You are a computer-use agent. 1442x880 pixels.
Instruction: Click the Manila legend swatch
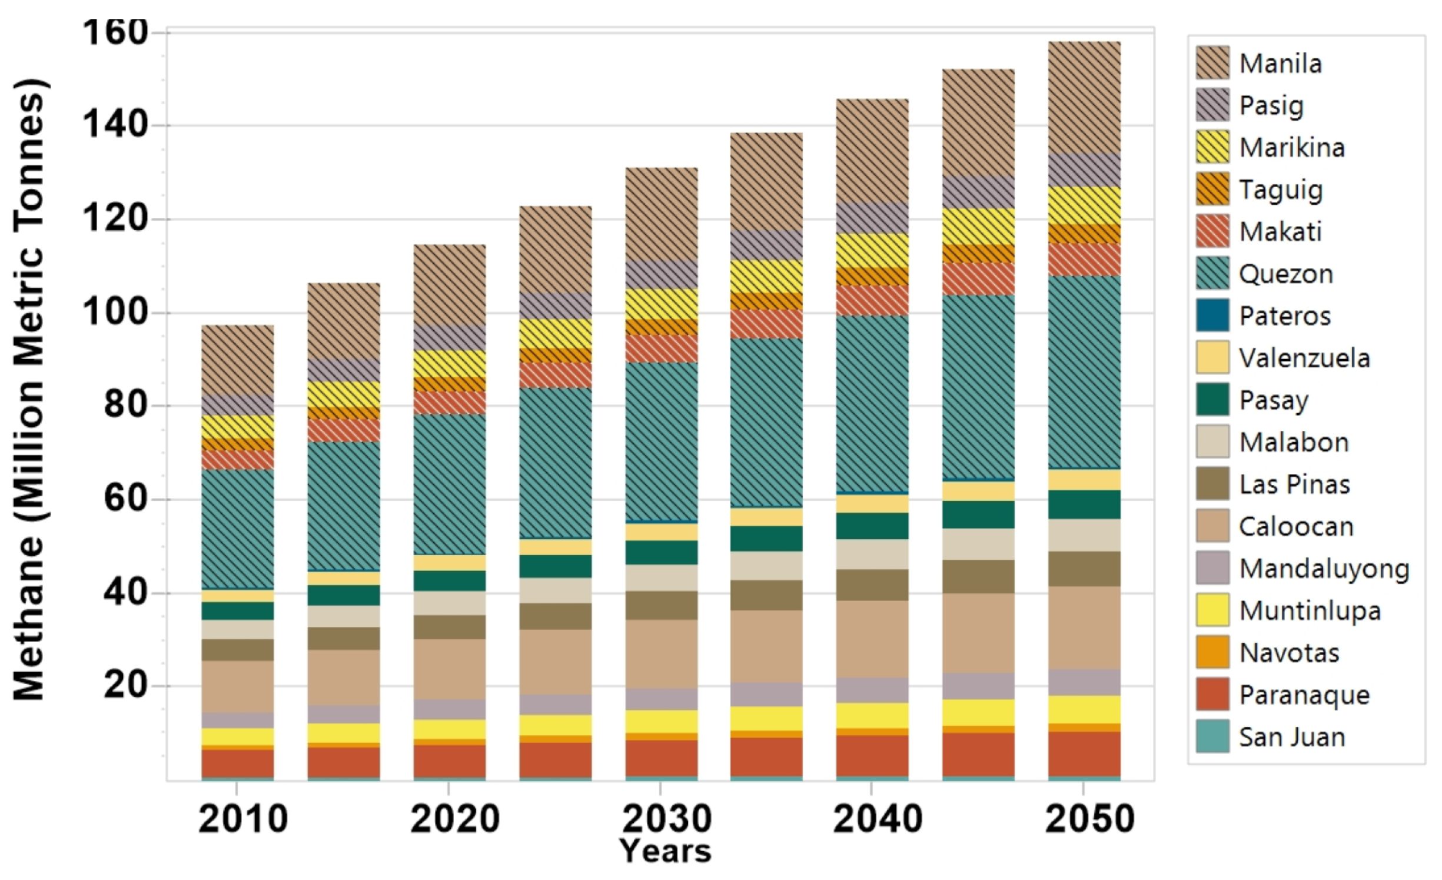[x=1212, y=63]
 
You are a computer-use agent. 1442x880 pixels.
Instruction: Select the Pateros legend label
[x=1284, y=316]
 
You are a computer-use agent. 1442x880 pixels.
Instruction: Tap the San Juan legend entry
[x=1292, y=737]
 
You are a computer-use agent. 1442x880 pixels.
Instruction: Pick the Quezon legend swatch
[x=1212, y=274]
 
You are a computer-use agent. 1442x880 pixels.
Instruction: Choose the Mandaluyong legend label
[x=1324, y=569]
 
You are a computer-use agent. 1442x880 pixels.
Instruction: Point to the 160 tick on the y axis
[x=115, y=32]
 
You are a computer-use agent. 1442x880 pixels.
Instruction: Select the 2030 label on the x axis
[x=667, y=819]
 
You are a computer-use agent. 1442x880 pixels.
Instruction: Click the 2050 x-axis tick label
[x=1089, y=819]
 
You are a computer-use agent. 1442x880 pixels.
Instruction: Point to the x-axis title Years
[x=666, y=851]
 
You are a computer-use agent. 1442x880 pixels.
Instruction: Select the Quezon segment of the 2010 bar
[x=237, y=529]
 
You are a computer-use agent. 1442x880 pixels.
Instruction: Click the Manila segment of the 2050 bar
[x=1084, y=97]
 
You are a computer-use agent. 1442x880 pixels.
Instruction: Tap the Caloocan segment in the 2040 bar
[x=872, y=639]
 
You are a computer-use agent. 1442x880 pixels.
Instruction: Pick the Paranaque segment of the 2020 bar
[x=449, y=761]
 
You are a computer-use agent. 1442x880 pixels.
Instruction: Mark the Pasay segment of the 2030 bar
[x=661, y=553]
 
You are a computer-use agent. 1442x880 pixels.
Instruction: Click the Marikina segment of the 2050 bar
[x=1084, y=205]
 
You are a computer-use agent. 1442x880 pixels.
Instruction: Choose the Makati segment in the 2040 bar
[x=872, y=301]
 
